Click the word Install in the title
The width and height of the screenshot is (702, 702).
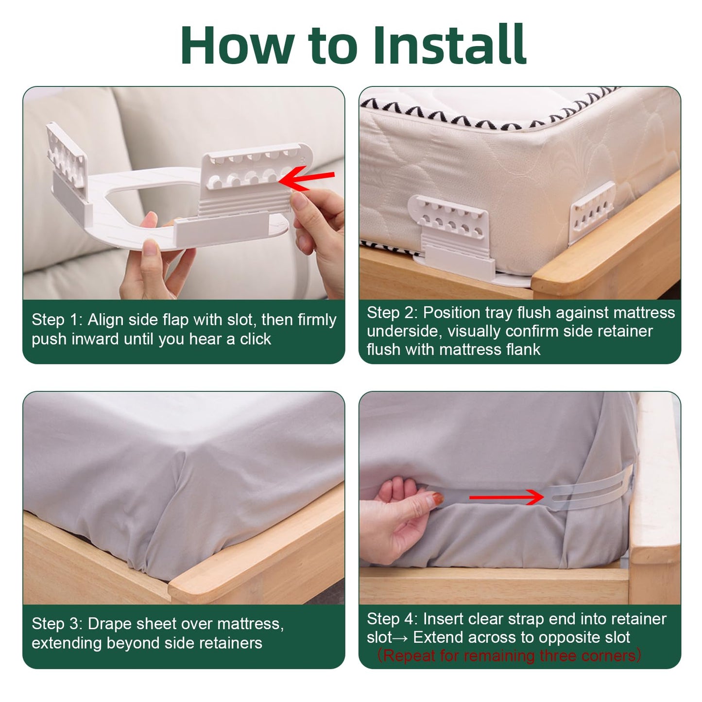(449, 44)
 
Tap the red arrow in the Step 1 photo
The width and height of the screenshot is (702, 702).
(306, 178)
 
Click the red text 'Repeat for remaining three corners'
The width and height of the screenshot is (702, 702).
(512, 655)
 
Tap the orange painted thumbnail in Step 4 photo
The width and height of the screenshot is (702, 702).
(437, 498)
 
